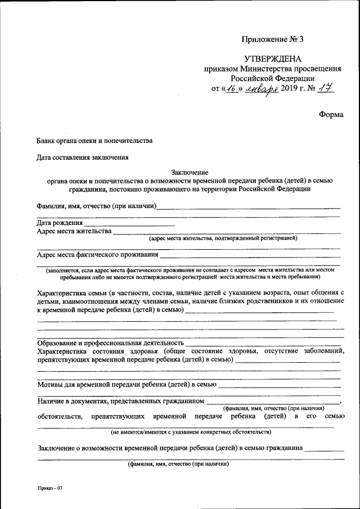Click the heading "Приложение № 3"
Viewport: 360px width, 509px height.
tap(272, 39)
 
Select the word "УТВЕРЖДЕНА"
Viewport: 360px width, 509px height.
tap(272, 59)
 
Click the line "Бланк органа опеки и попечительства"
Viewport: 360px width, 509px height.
tap(94, 141)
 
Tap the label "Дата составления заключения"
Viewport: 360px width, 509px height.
tap(83, 157)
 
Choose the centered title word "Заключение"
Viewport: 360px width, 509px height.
tap(190, 172)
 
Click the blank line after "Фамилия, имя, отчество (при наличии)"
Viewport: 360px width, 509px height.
tap(247, 206)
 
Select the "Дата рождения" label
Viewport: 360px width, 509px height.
tap(60, 223)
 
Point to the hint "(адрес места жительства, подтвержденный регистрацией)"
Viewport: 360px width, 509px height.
tap(223, 238)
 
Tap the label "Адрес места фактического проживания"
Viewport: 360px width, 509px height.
tap(97, 254)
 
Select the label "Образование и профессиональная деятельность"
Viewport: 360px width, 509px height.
tap(110, 343)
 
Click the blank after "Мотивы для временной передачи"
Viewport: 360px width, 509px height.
tap(278, 385)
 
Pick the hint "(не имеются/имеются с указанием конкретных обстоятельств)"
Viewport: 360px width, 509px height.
tap(191, 433)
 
